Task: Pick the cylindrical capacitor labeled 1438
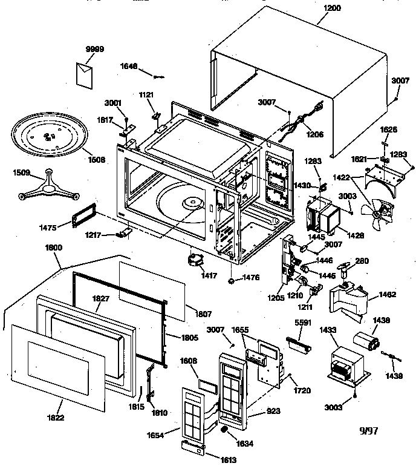click(368, 343)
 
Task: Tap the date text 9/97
click(369, 432)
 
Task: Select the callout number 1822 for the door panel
click(54, 418)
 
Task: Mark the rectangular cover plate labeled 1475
click(83, 214)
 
